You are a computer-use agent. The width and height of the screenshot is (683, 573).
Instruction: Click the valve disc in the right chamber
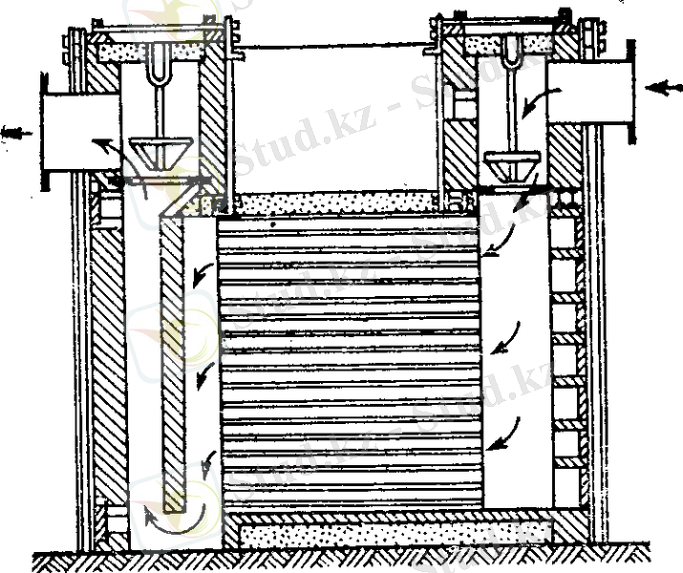[x=511, y=161]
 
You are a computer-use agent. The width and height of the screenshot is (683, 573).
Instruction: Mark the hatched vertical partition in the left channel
[x=172, y=363]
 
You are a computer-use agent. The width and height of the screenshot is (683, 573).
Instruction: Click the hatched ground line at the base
[x=344, y=561]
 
